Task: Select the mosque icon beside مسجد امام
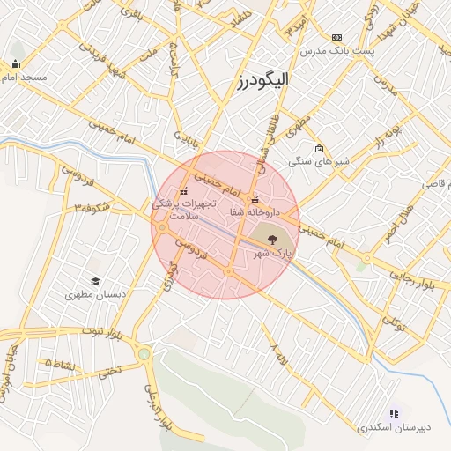point(15,63)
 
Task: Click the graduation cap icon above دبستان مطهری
point(94,281)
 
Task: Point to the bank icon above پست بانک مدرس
point(336,37)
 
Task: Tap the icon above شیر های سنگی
point(319,148)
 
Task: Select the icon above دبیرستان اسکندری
point(394,412)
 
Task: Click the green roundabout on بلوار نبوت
point(144,354)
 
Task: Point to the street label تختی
point(109,372)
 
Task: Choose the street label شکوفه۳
point(91,208)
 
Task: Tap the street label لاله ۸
point(281,359)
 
